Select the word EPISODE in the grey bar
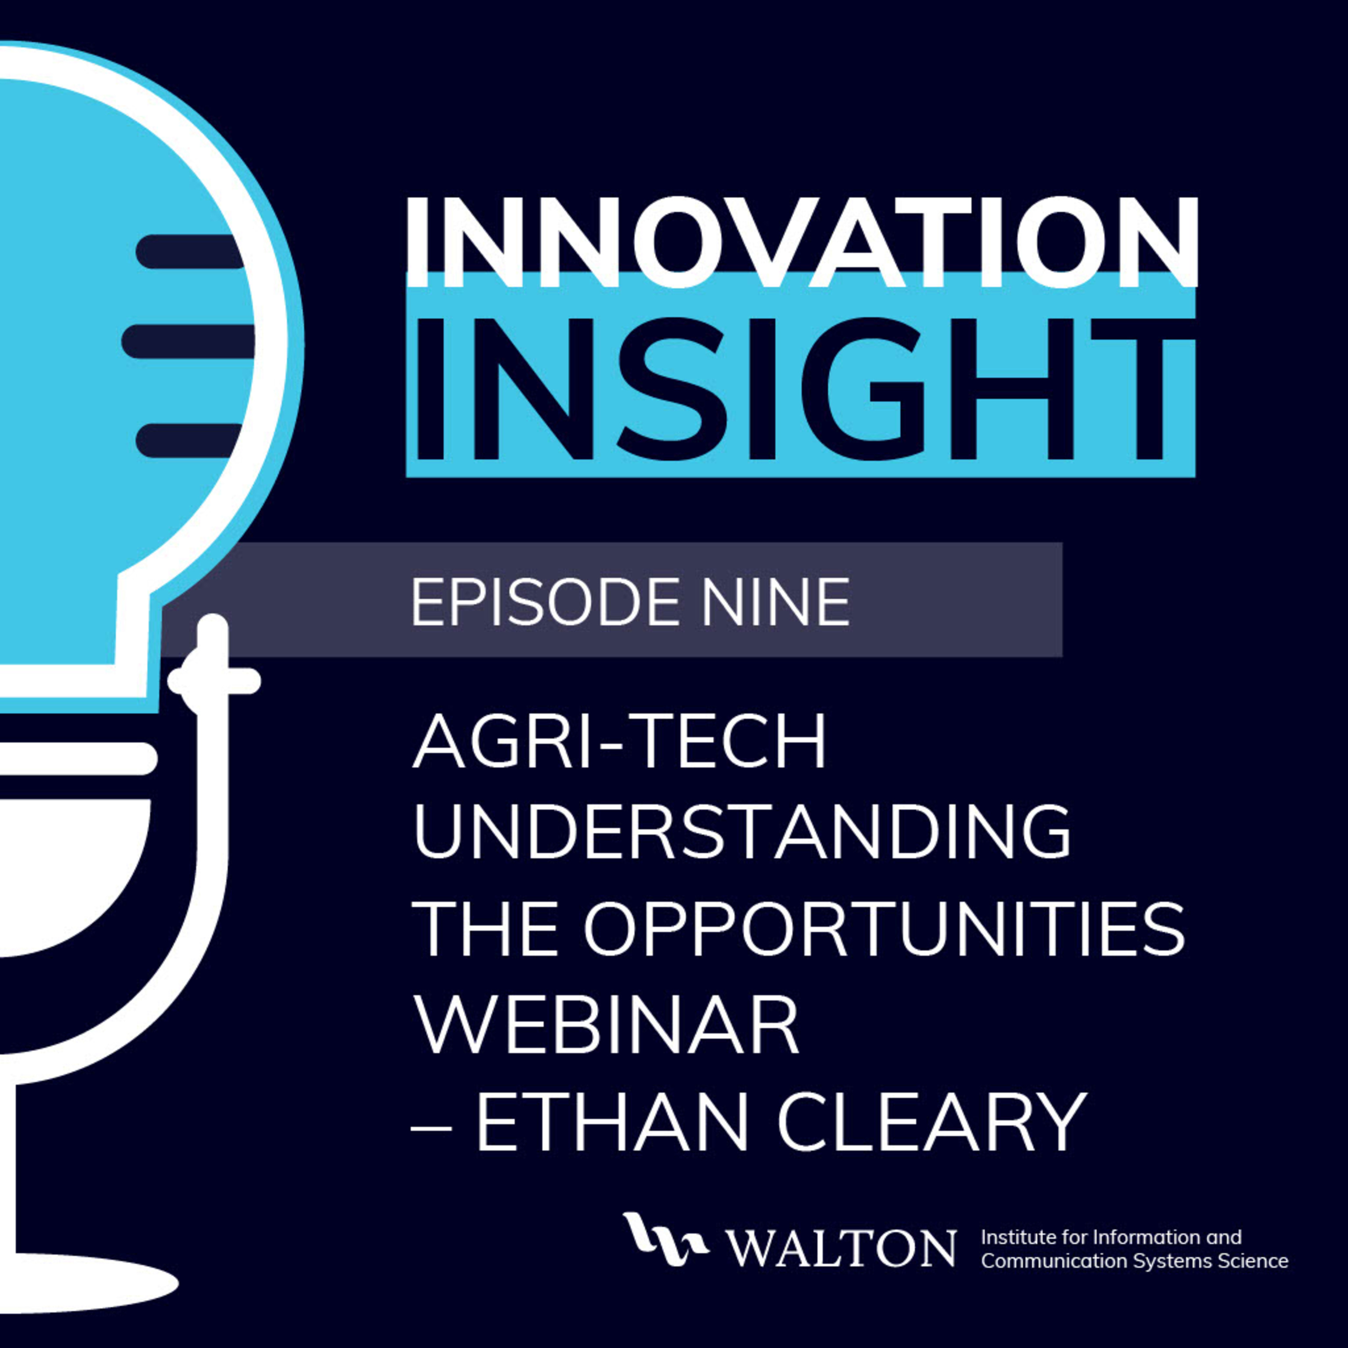550,602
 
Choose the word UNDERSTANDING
742,832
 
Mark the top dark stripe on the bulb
188,251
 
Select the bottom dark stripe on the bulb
188,441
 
